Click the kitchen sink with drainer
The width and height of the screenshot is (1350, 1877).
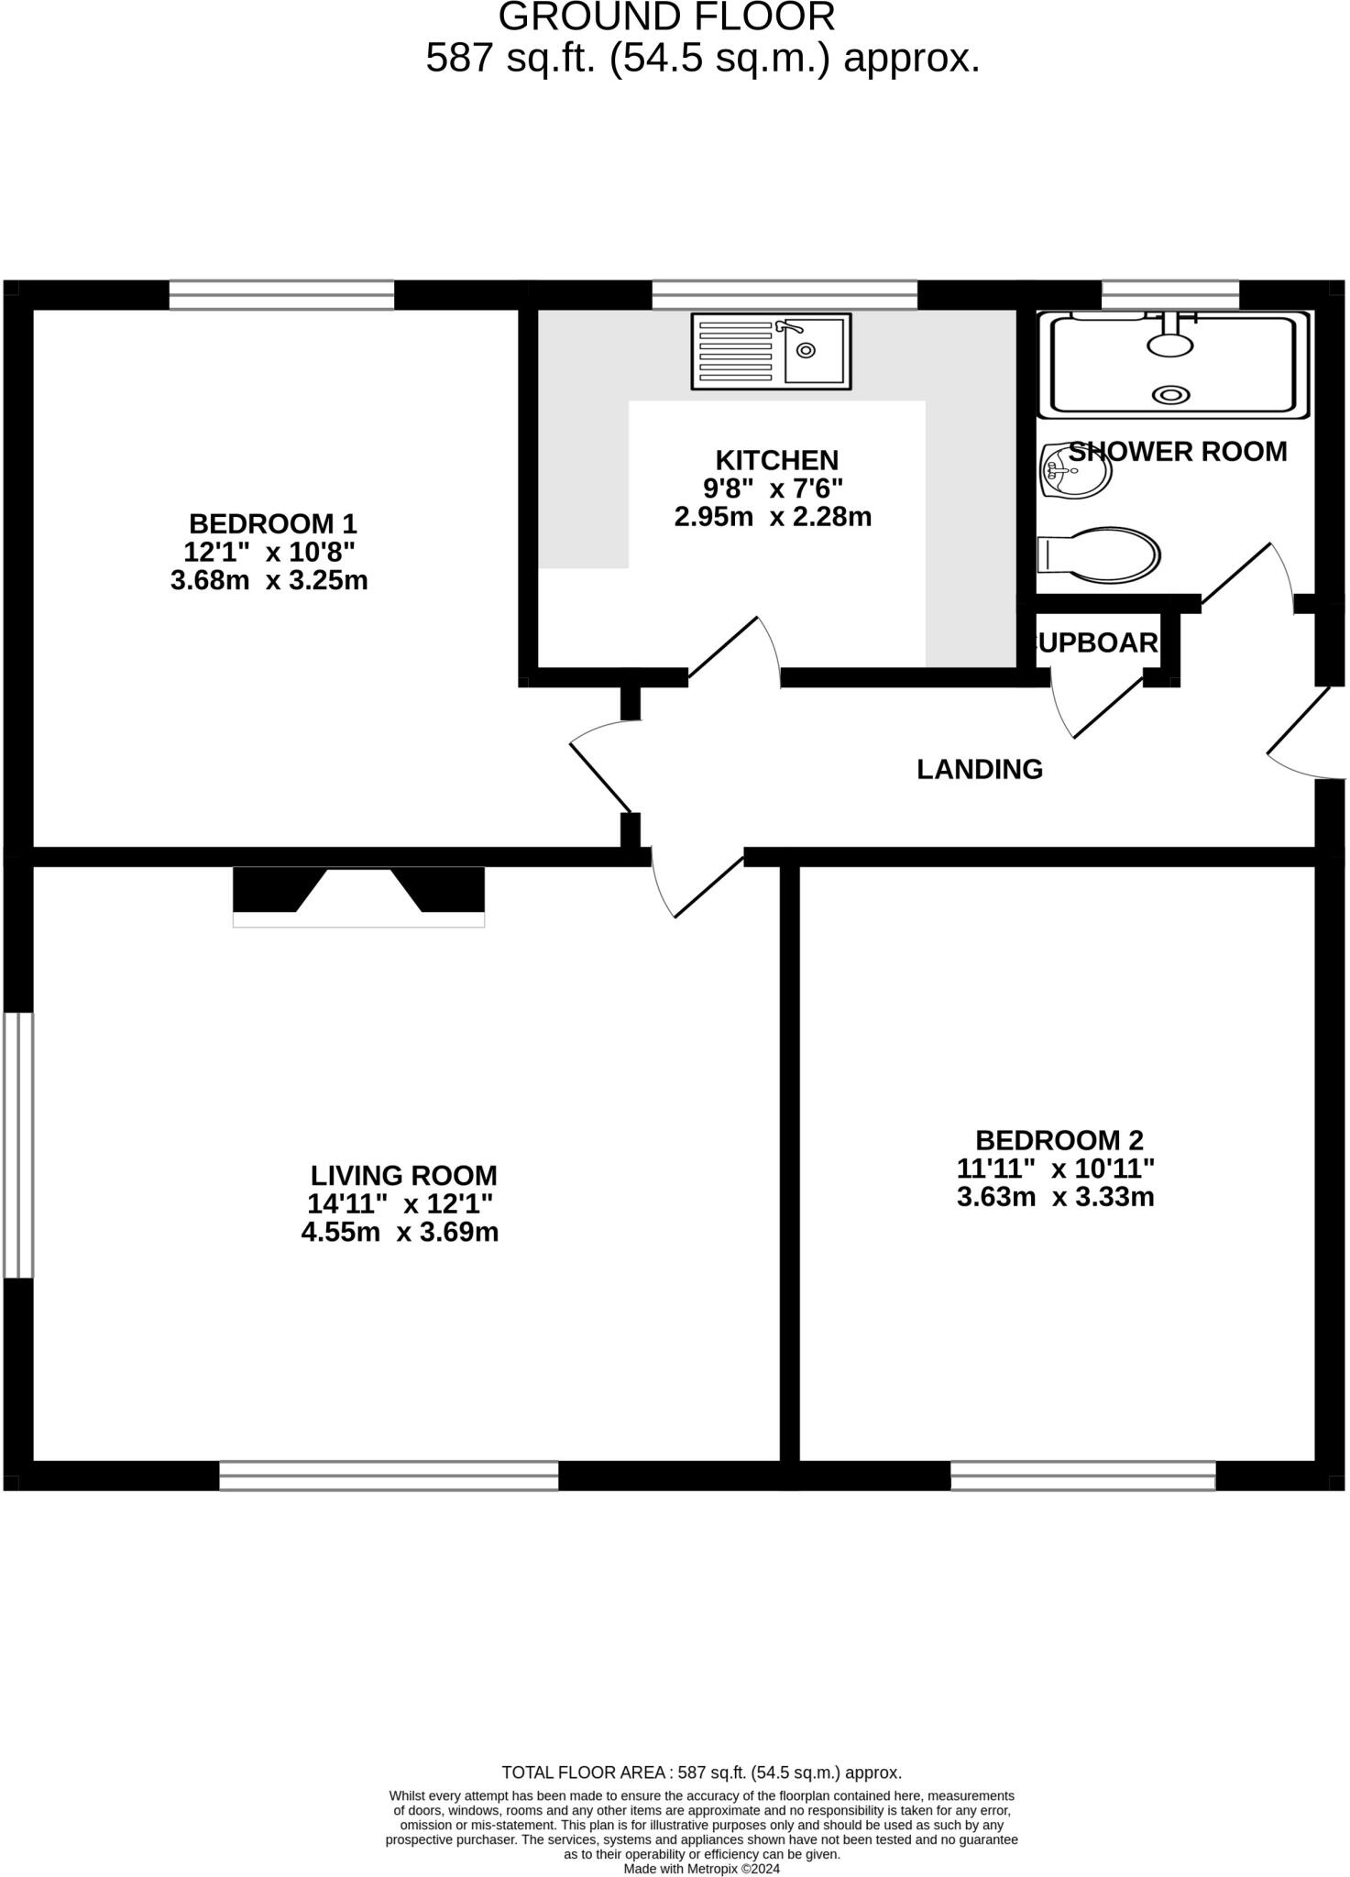[x=771, y=351]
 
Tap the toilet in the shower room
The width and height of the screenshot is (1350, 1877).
[x=1100, y=554]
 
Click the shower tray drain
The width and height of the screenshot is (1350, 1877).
[x=1170, y=395]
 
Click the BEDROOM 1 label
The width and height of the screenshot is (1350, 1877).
[x=272, y=524]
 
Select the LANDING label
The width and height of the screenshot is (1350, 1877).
[x=980, y=769]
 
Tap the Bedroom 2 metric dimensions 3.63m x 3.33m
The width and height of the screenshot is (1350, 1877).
[x=1055, y=1197]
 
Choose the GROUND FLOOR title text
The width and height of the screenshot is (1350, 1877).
[x=666, y=17]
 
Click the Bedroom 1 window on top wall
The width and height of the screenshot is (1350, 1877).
[x=281, y=295]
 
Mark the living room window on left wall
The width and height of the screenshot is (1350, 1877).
[x=18, y=1145]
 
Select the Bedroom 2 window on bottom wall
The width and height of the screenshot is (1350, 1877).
[x=1082, y=1476]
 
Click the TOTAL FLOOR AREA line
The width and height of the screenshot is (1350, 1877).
[x=701, y=1773]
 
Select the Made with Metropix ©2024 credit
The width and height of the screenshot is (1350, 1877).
[x=701, y=1869]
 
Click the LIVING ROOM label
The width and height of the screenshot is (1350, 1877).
[x=403, y=1175]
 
